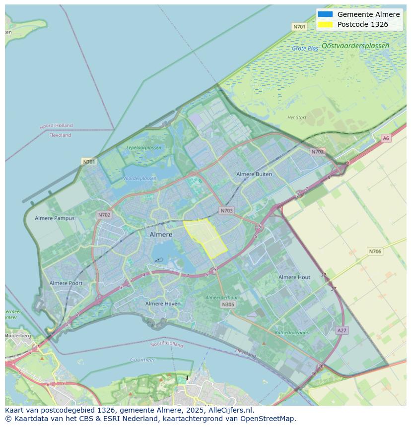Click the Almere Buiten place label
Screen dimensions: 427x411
coord(254,174)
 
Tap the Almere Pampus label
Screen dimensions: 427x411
coord(55,218)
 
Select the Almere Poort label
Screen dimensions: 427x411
coord(66,283)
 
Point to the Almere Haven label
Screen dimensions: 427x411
coord(163,304)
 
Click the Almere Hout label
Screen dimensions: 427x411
coord(294,277)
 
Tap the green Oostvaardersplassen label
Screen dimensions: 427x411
coord(355,46)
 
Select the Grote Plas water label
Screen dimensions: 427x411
coord(305,49)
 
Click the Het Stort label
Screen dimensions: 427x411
coord(297,118)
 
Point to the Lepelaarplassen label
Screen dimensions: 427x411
coord(143,148)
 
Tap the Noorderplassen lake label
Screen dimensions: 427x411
coord(139,179)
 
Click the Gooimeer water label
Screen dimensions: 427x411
coord(142,360)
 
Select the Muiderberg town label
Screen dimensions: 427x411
coord(17,336)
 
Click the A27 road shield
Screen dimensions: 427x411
coord(342,330)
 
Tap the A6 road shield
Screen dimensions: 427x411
coord(386,138)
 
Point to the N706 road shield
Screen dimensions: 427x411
coord(375,251)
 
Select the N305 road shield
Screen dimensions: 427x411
coord(228,305)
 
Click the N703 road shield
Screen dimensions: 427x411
coord(226,211)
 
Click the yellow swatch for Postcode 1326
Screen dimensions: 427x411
coord(325,24)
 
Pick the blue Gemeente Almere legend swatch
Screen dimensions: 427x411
coord(325,14)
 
